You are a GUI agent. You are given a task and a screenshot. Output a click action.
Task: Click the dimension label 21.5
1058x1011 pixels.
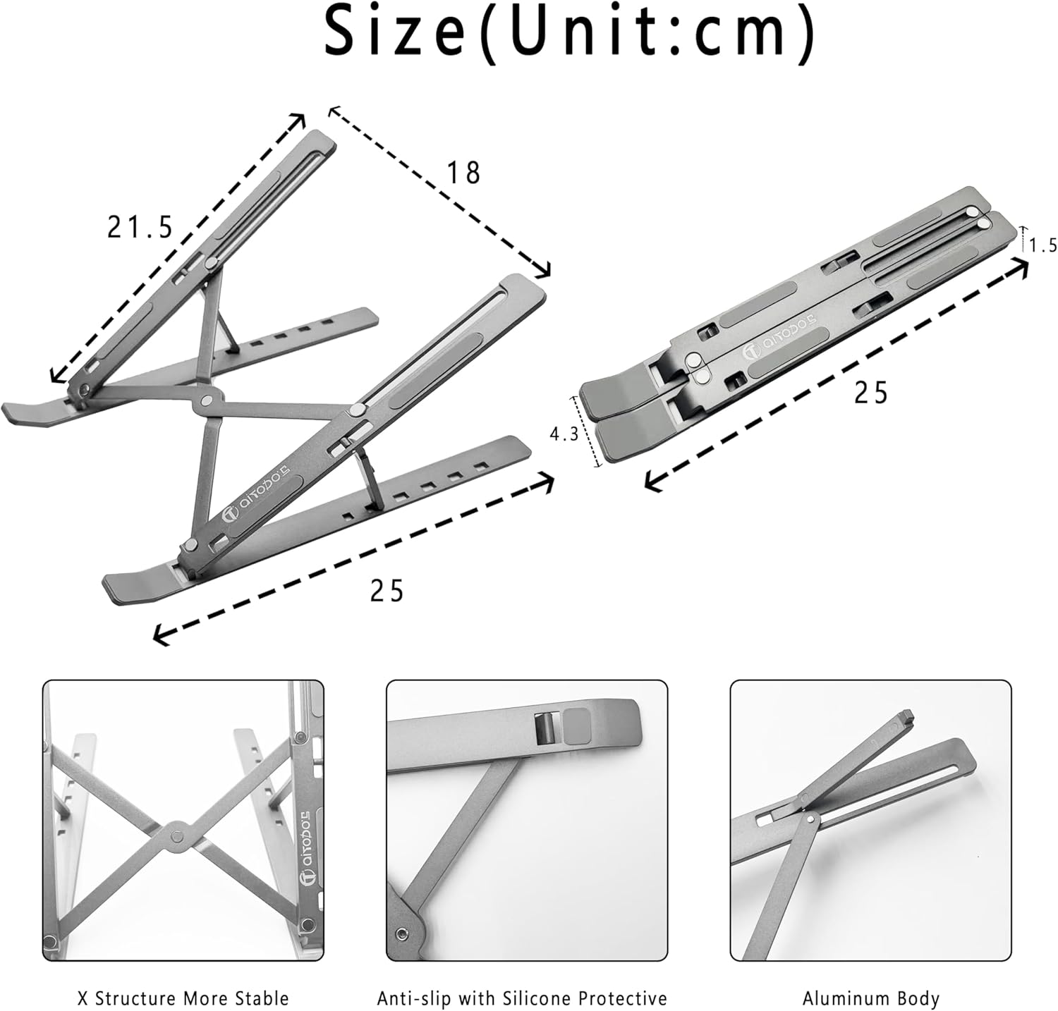[140, 227]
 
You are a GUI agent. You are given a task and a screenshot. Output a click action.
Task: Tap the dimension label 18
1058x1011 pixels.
[464, 173]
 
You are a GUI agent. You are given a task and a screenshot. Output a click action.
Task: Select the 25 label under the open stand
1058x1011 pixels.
[387, 591]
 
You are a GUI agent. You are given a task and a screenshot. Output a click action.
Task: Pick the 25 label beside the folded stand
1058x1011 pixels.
[871, 393]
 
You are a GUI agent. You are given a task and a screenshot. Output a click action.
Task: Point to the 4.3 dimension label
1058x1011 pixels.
[564, 434]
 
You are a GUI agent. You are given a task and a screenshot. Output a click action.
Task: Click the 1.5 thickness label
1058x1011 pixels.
[1042, 245]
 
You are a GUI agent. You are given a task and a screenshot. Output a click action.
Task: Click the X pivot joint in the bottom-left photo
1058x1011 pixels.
[176, 835]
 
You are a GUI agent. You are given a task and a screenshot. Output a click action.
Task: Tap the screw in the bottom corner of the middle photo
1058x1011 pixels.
[402, 934]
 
